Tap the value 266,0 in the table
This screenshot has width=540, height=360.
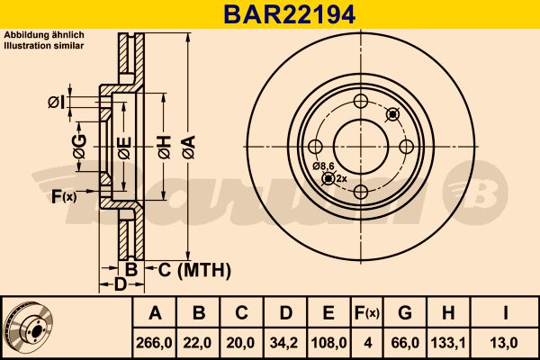pos(155,343)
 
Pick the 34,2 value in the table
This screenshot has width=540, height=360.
pos(285,343)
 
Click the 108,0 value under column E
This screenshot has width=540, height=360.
pos(328,343)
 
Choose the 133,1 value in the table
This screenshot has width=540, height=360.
pos(447,343)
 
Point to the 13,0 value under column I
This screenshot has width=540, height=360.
pos(507,343)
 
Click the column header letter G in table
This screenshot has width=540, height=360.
pos(405,313)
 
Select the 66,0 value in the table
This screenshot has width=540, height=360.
pos(405,343)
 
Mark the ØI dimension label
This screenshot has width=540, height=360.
pos(56,103)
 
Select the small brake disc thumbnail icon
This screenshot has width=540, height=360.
pos(29,327)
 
